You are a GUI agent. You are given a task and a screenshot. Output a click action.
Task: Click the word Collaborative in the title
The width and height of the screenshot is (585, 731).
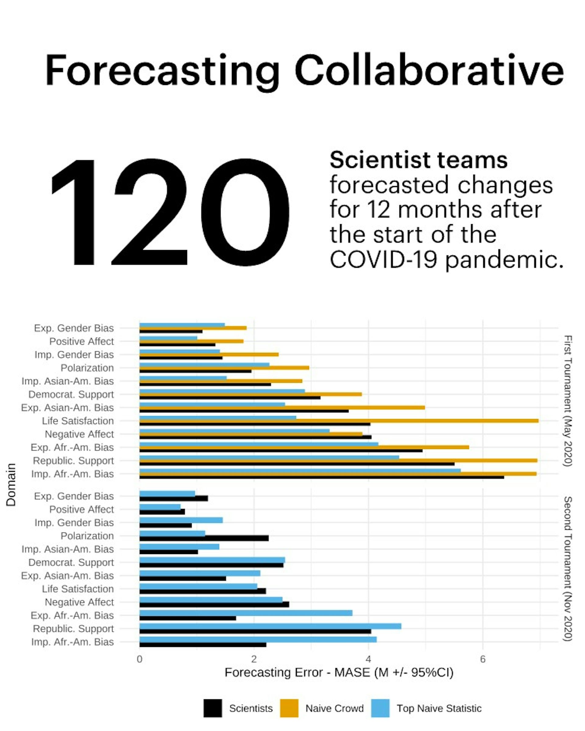[x=429, y=71]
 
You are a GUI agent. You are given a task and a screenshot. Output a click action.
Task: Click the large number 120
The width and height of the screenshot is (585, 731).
[x=170, y=213]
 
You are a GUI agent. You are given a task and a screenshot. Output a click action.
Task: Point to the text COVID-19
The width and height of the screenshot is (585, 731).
[x=383, y=260]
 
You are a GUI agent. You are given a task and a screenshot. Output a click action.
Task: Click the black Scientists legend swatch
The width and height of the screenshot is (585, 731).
[x=213, y=708]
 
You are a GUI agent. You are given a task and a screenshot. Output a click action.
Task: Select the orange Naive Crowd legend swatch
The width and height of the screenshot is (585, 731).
[x=289, y=708]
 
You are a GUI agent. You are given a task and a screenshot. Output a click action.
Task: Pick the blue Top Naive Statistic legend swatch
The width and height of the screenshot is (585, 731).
[x=380, y=708]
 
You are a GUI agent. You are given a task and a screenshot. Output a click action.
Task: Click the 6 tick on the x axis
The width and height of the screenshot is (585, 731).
[x=483, y=659]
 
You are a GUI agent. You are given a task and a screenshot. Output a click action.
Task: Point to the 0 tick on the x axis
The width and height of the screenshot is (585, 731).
[x=139, y=659]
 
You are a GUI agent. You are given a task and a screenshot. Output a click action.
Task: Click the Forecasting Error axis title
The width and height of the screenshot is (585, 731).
[x=339, y=672]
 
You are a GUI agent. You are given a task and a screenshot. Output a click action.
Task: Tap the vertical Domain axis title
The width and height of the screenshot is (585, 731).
[x=11, y=485]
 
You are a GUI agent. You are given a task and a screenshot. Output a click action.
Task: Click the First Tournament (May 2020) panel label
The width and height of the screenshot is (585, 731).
[x=568, y=401]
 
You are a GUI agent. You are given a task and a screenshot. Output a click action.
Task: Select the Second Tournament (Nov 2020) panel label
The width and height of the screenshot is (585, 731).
[x=568, y=569]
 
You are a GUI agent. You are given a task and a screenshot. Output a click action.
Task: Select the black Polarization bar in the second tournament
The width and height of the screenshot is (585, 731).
[x=204, y=538]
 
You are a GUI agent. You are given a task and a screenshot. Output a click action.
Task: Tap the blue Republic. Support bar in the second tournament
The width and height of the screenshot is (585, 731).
[x=270, y=626]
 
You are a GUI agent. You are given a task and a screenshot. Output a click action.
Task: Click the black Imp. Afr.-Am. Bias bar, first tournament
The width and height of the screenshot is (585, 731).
[x=321, y=477]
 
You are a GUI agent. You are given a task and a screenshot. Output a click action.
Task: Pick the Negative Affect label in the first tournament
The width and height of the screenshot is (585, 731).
[x=79, y=434]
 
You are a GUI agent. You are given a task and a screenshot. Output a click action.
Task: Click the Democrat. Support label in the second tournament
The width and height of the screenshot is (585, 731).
[x=71, y=562]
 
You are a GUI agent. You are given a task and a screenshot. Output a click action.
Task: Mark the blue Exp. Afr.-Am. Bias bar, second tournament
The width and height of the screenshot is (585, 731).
[x=246, y=613]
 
